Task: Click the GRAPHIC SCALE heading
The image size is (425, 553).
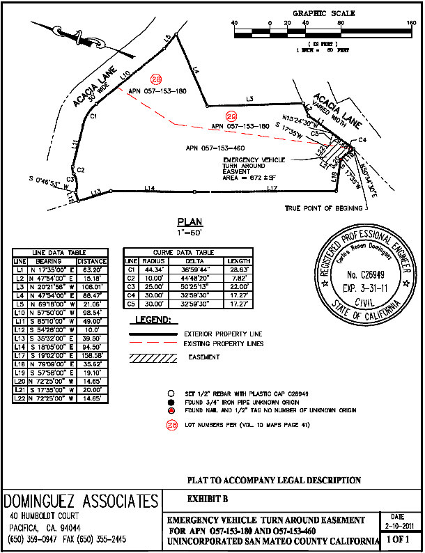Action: [x=323, y=13]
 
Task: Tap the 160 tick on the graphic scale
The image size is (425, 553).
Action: [x=410, y=23]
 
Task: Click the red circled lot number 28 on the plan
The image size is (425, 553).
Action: [x=156, y=79]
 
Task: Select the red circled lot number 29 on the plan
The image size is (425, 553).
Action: [x=231, y=116]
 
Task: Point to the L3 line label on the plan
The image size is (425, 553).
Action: [x=249, y=99]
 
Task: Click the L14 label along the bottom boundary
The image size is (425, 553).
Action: [x=148, y=188]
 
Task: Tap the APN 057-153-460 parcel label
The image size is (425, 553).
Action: [x=215, y=148]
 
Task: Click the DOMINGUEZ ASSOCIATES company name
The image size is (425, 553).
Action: [x=81, y=501]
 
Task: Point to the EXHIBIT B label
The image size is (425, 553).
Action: [x=208, y=499]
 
